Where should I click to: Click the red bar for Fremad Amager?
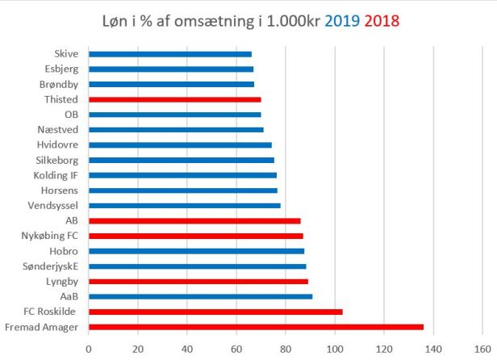click(x=255, y=327)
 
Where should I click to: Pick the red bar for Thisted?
click(x=174, y=99)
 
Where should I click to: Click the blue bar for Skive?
click(x=169, y=54)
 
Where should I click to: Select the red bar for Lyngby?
click(x=198, y=282)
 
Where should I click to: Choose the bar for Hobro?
click(x=196, y=251)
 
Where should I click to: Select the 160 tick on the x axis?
click(x=484, y=350)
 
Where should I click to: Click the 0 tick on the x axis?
click(x=88, y=350)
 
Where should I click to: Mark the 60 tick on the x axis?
click(x=236, y=350)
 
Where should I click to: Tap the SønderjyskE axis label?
click(x=51, y=266)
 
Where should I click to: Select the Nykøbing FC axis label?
click(x=51, y=236)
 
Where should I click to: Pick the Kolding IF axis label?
click(x=56, y=175)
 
